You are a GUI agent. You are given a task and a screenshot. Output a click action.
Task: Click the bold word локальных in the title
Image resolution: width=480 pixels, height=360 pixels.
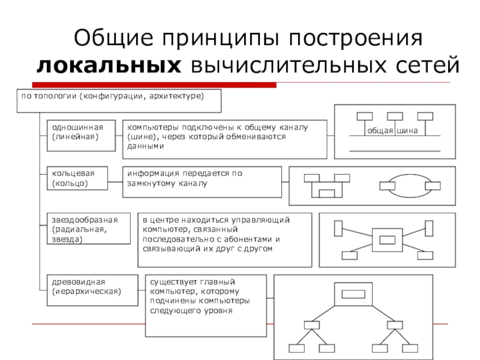click(x=109, y=65)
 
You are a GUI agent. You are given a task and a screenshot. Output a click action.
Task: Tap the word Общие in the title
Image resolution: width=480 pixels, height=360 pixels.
click(x=113, y=38)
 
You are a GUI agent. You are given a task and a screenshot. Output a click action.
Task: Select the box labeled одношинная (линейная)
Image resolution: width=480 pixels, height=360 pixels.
click(x=81, y=136)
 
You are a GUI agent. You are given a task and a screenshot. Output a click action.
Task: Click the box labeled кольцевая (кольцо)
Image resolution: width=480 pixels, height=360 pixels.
click(x=77, y=178)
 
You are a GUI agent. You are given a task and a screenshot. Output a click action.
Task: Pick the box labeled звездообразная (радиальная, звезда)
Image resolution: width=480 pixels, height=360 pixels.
click(x=89, y=229)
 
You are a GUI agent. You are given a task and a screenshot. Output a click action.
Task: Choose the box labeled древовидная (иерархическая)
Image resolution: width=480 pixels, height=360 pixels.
click(x=92, y=290)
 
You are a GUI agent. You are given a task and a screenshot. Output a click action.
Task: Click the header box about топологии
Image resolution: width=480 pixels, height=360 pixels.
click(x=119, y=101)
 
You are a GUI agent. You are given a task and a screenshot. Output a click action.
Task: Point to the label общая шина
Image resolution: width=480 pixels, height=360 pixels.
click(x=392, y=131)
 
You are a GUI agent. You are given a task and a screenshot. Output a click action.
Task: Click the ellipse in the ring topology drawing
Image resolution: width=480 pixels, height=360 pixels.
click(x=410, y=175)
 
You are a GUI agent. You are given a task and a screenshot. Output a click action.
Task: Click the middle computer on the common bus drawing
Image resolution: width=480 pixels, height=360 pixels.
click(x=395, y=116)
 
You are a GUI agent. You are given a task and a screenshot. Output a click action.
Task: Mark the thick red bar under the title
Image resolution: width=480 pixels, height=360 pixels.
click(x=154, y=85)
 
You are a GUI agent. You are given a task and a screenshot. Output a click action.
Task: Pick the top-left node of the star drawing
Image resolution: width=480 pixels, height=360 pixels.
click(x=338, y=229)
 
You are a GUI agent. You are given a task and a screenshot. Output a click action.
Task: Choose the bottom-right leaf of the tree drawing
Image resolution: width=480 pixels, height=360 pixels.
click(x=410, y=349)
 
